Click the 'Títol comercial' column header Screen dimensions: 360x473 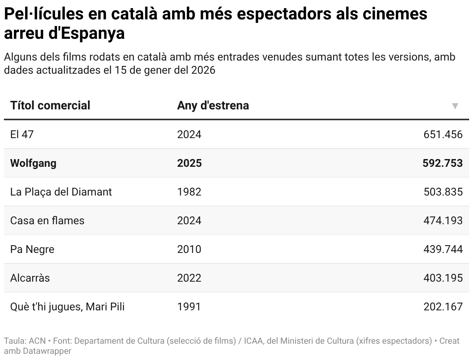pyautogui.click(x=50, y=106)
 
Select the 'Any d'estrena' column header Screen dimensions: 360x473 pyautogui.click(x=213, y=106)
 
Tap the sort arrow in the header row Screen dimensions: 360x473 pyautogui.click(x=455, y=106)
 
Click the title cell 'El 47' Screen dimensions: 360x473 pyautogui.click(x=22, y=135)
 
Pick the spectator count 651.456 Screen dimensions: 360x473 pyautogui.click(x=443, y=135)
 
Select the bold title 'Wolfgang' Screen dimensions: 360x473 pyautogui.click(x=33, y=163)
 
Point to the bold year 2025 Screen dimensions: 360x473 pyautogui.click(x=189, y=163)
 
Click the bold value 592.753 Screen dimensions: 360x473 pyautogui.click(x=442, y=163)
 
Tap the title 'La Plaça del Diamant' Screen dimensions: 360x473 pyautogui.click(x=61, y=192)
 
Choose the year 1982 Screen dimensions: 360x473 pyautogui.click(x=189, y=192)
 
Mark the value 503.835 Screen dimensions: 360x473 pyautogui.click(x=443, y=192)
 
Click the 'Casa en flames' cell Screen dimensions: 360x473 pyautogui.click(x=47, y=221)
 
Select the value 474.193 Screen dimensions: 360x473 pyautogui.click(x=443, y=221)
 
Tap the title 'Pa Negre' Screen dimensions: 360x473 pyautogui.click(x=32, y=249)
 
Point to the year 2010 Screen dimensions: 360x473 pyautogui.click(x=189, y=249)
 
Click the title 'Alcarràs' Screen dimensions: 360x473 pyautogui.click(x=30, y=278)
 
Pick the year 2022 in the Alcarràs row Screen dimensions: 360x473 pyautogui.click(x=189, y=278)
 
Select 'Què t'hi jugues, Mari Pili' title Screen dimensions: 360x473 pyautogui.click(x=67, y=307)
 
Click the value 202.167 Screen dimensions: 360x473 pyautogui.click(x=443, y=307)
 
